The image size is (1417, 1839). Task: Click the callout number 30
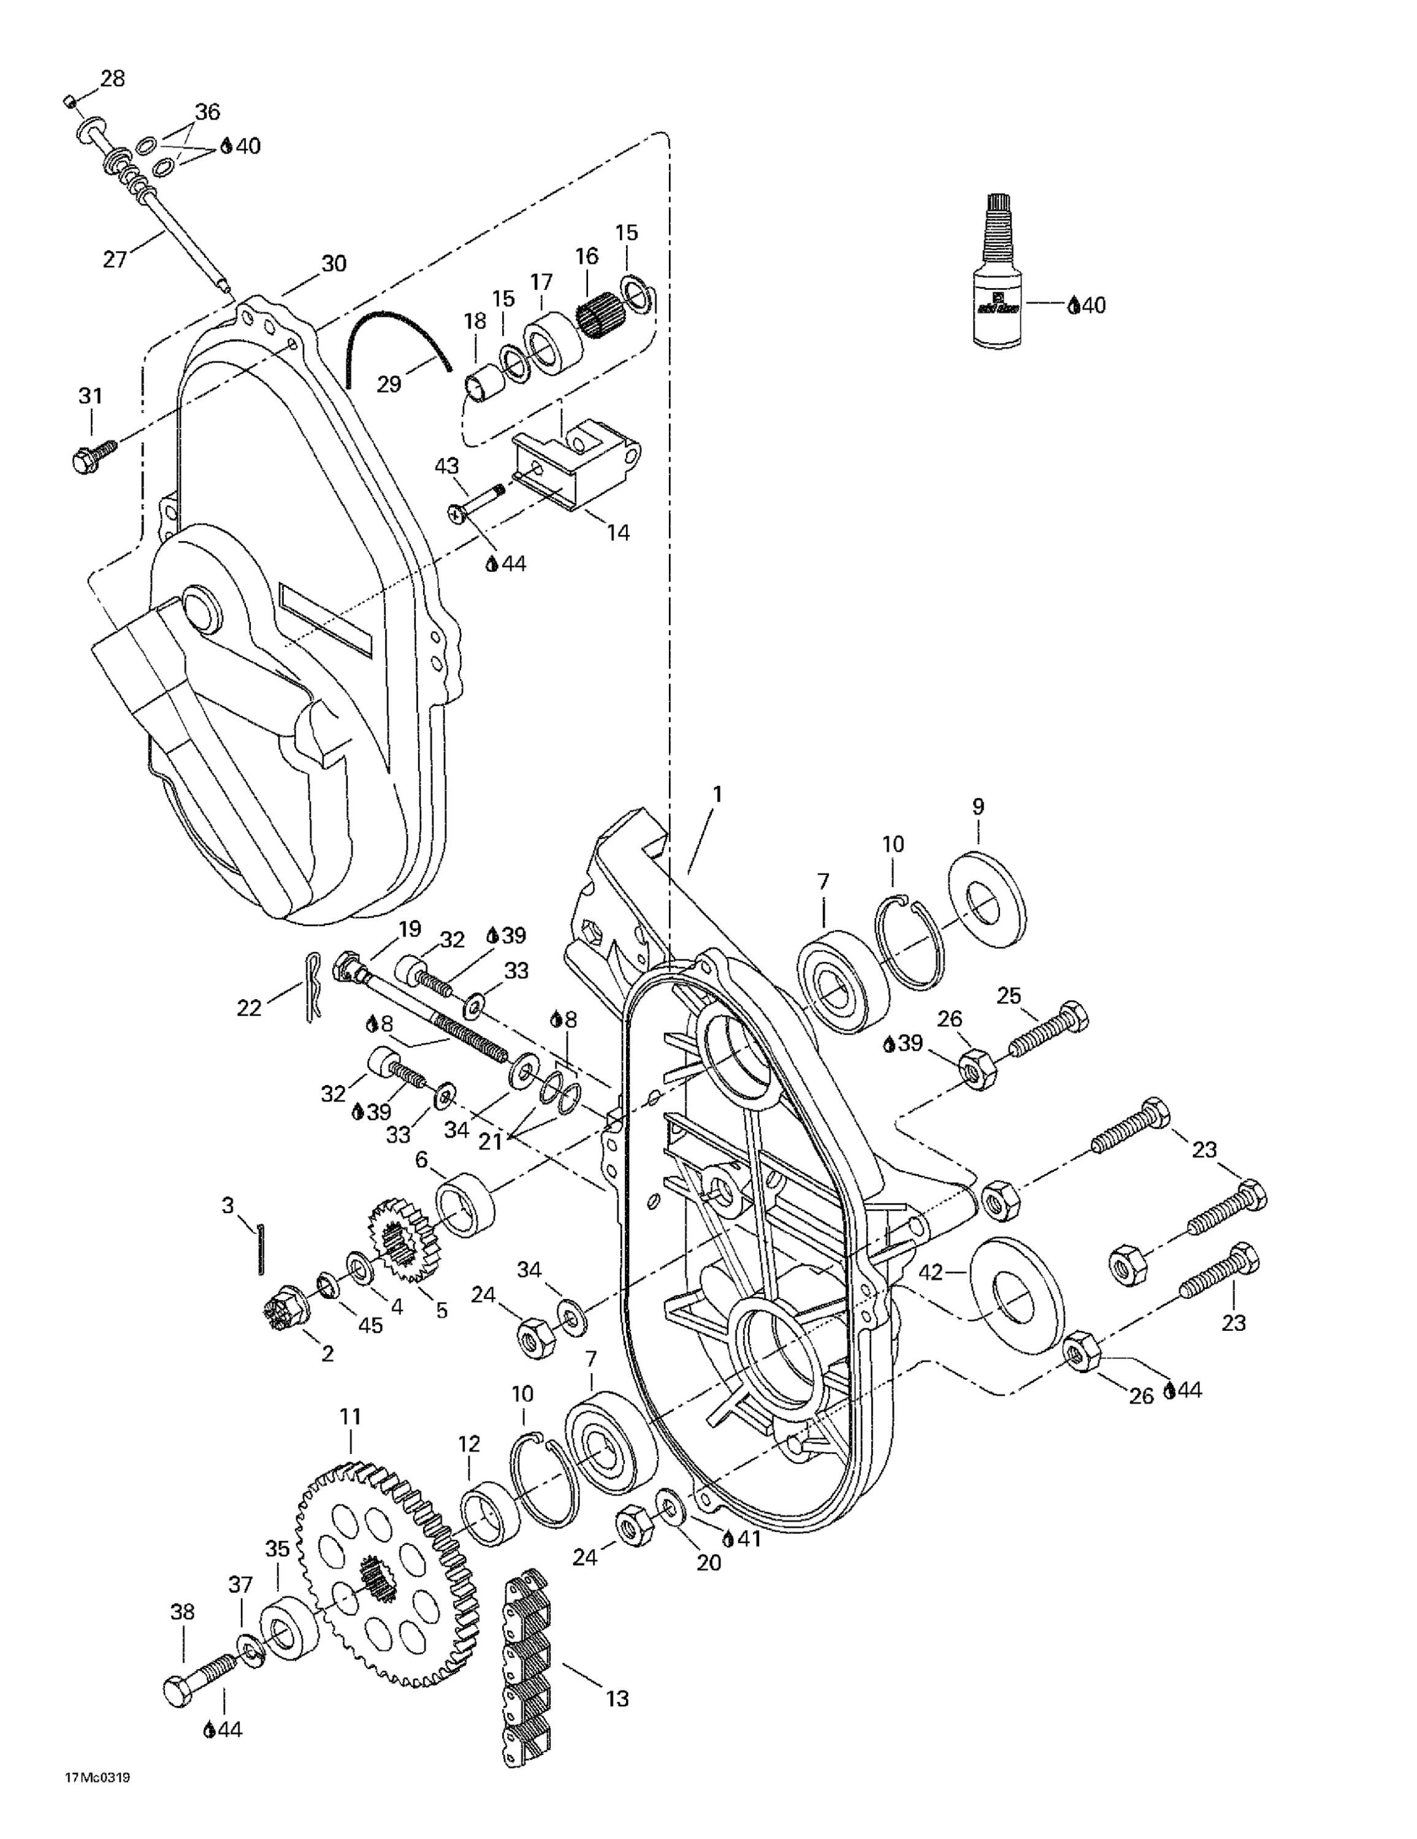[x=334, y=264]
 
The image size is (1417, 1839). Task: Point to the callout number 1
[x=717, y=793]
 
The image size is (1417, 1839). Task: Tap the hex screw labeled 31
[x=93, y=455]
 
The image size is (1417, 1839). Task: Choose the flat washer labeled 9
[x=987, y=899]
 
